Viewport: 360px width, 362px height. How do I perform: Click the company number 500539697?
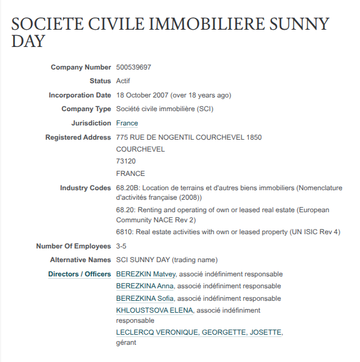coord(133,67)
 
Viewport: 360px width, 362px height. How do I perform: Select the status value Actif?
coord(123,81)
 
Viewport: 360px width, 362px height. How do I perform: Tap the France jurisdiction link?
coord(127,124)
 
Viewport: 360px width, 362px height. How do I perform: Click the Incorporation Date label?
coord(80,95)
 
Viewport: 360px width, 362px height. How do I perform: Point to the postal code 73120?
coord(127,161)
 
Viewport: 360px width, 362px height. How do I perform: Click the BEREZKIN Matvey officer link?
coord(146,274)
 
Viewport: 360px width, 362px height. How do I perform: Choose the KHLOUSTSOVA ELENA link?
coord(154,310)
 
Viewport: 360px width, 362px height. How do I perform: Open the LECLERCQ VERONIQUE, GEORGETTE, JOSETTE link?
coord(199,332)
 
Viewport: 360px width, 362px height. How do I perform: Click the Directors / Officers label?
coord(80,274)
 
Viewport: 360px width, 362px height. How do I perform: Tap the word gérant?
coord(126,342)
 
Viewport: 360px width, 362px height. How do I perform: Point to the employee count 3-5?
coord(122,246)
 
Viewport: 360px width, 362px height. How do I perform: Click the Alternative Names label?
coord(80,260)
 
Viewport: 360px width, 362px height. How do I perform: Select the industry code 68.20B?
coord(128,188)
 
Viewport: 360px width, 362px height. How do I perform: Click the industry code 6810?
coord(124,232)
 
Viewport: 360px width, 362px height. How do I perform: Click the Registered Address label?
coord(78,137)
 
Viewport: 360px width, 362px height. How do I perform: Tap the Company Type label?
coord(86,109)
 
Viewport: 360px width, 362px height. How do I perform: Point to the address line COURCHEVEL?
coord(140,149)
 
